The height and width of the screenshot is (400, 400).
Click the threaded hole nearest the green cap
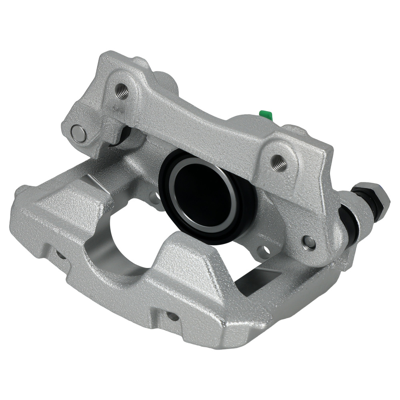[278, 163]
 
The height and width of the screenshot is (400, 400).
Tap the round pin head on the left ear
[78, 133]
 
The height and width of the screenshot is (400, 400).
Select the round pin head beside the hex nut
[309, 242]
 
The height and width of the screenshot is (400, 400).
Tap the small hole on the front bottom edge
[172, 316]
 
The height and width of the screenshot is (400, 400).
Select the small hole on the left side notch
[60, 254]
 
